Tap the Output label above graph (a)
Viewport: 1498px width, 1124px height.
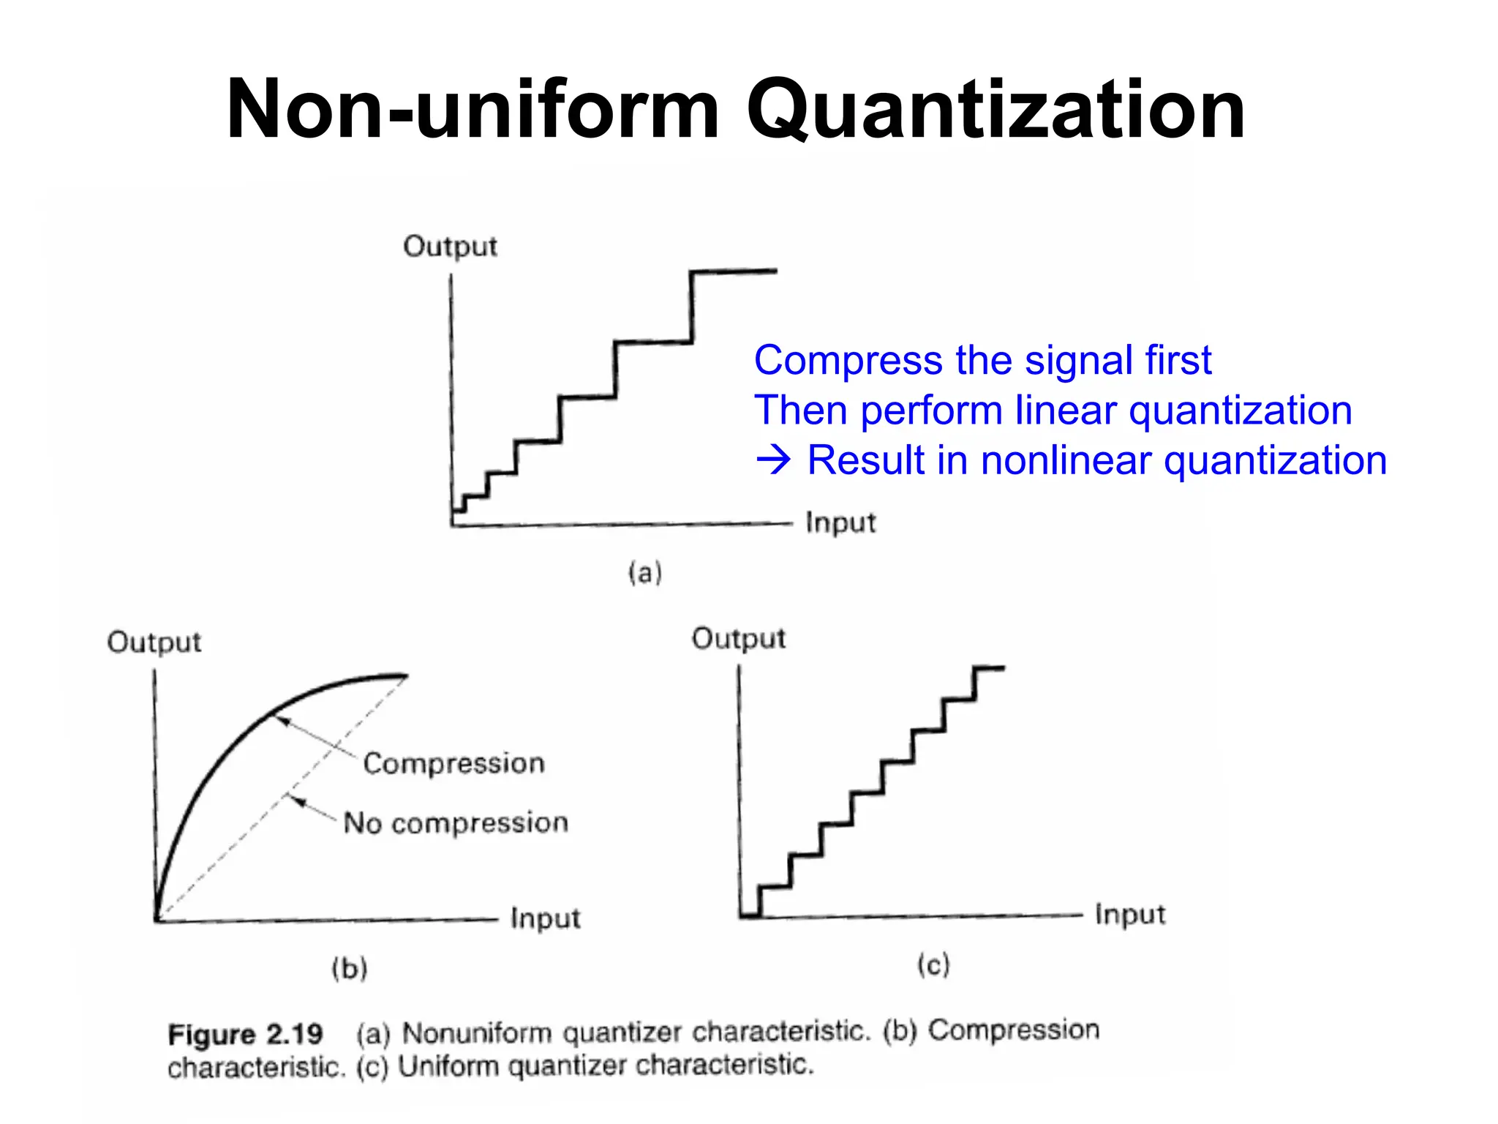[x=450, y=247]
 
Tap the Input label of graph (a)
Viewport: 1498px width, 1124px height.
[x=840, y=523]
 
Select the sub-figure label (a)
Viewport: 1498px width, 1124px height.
[x=644, y=572]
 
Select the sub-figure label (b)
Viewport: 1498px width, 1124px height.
[x=349, y=969]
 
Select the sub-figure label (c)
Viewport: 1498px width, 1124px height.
[x=933, y=965]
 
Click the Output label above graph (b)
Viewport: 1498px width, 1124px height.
[x=154, y=642]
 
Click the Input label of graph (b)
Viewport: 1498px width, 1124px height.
[x=545, y=918]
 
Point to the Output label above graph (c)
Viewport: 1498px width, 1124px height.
[x=738, y=639]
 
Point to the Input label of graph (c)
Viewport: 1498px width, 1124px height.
[x=1129, y=915]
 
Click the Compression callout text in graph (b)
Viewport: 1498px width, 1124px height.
[x=453, y=764]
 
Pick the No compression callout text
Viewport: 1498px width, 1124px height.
[x=456, y=823]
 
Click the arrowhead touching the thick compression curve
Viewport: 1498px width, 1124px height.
[x=282, y=722]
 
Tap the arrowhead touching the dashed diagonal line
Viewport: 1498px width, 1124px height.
[x=296, y=801]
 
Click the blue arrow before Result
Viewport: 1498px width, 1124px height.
[x=773, y=461]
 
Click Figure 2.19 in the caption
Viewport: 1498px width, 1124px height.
[x=245, y=1035]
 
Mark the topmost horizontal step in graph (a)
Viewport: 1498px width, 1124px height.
[x=733, y=271]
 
